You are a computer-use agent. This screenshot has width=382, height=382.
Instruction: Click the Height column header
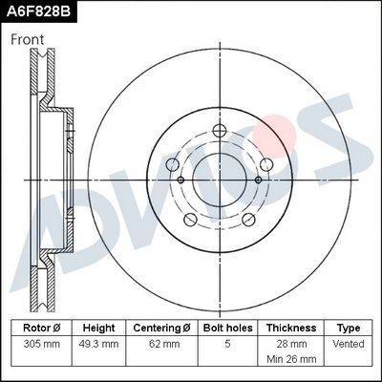(98, 327)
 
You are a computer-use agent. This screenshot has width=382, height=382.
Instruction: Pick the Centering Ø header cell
(161, 327)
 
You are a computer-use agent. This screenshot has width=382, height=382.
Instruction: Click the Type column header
(349, 327)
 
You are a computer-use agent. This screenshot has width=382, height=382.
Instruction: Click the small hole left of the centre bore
(180, 178)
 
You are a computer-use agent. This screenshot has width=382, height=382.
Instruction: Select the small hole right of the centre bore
(259, 178)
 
